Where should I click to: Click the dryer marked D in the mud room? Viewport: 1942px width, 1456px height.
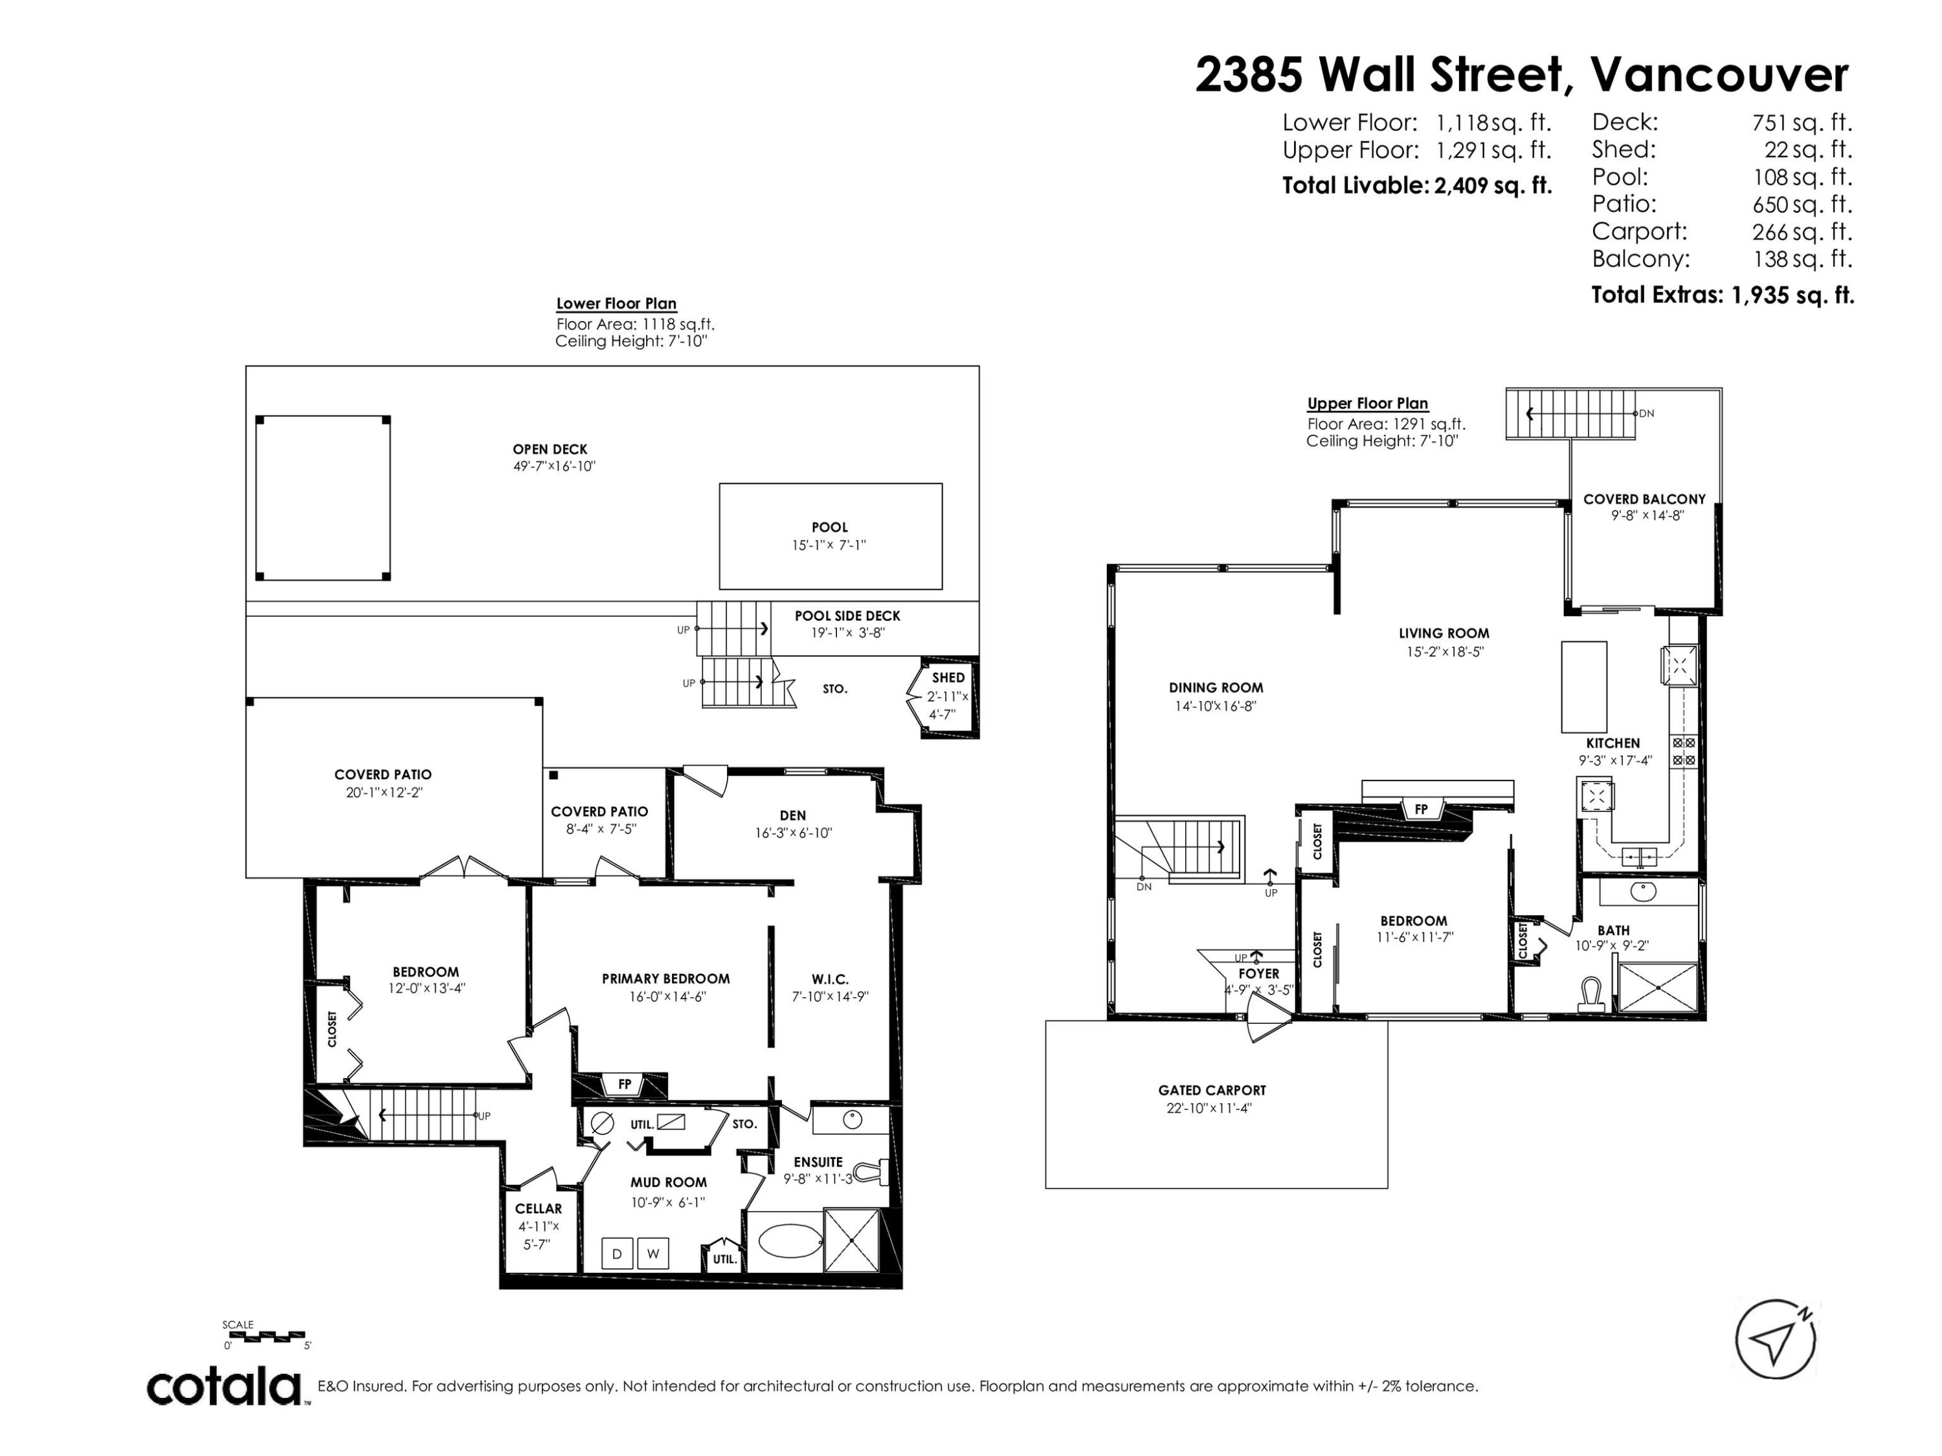[x=617, y=1253]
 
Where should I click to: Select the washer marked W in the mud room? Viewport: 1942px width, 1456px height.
[x=653, y=1253]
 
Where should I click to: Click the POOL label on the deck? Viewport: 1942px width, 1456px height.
[x=830, y=527]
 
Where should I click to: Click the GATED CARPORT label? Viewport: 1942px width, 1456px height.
[x=1212, y=1090]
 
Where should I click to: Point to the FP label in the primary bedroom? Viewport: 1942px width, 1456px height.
[x=624, y=1084]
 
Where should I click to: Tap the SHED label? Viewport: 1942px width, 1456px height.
[x=948, y=678]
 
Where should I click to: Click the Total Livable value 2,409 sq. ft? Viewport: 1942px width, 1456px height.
[x=1493, y=185]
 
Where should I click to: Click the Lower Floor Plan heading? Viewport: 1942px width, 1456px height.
[x=616, y=303]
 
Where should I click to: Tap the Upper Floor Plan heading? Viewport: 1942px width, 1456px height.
[x=1368, y=404]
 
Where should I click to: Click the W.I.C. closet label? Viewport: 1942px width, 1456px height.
[x=830, y=978]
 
